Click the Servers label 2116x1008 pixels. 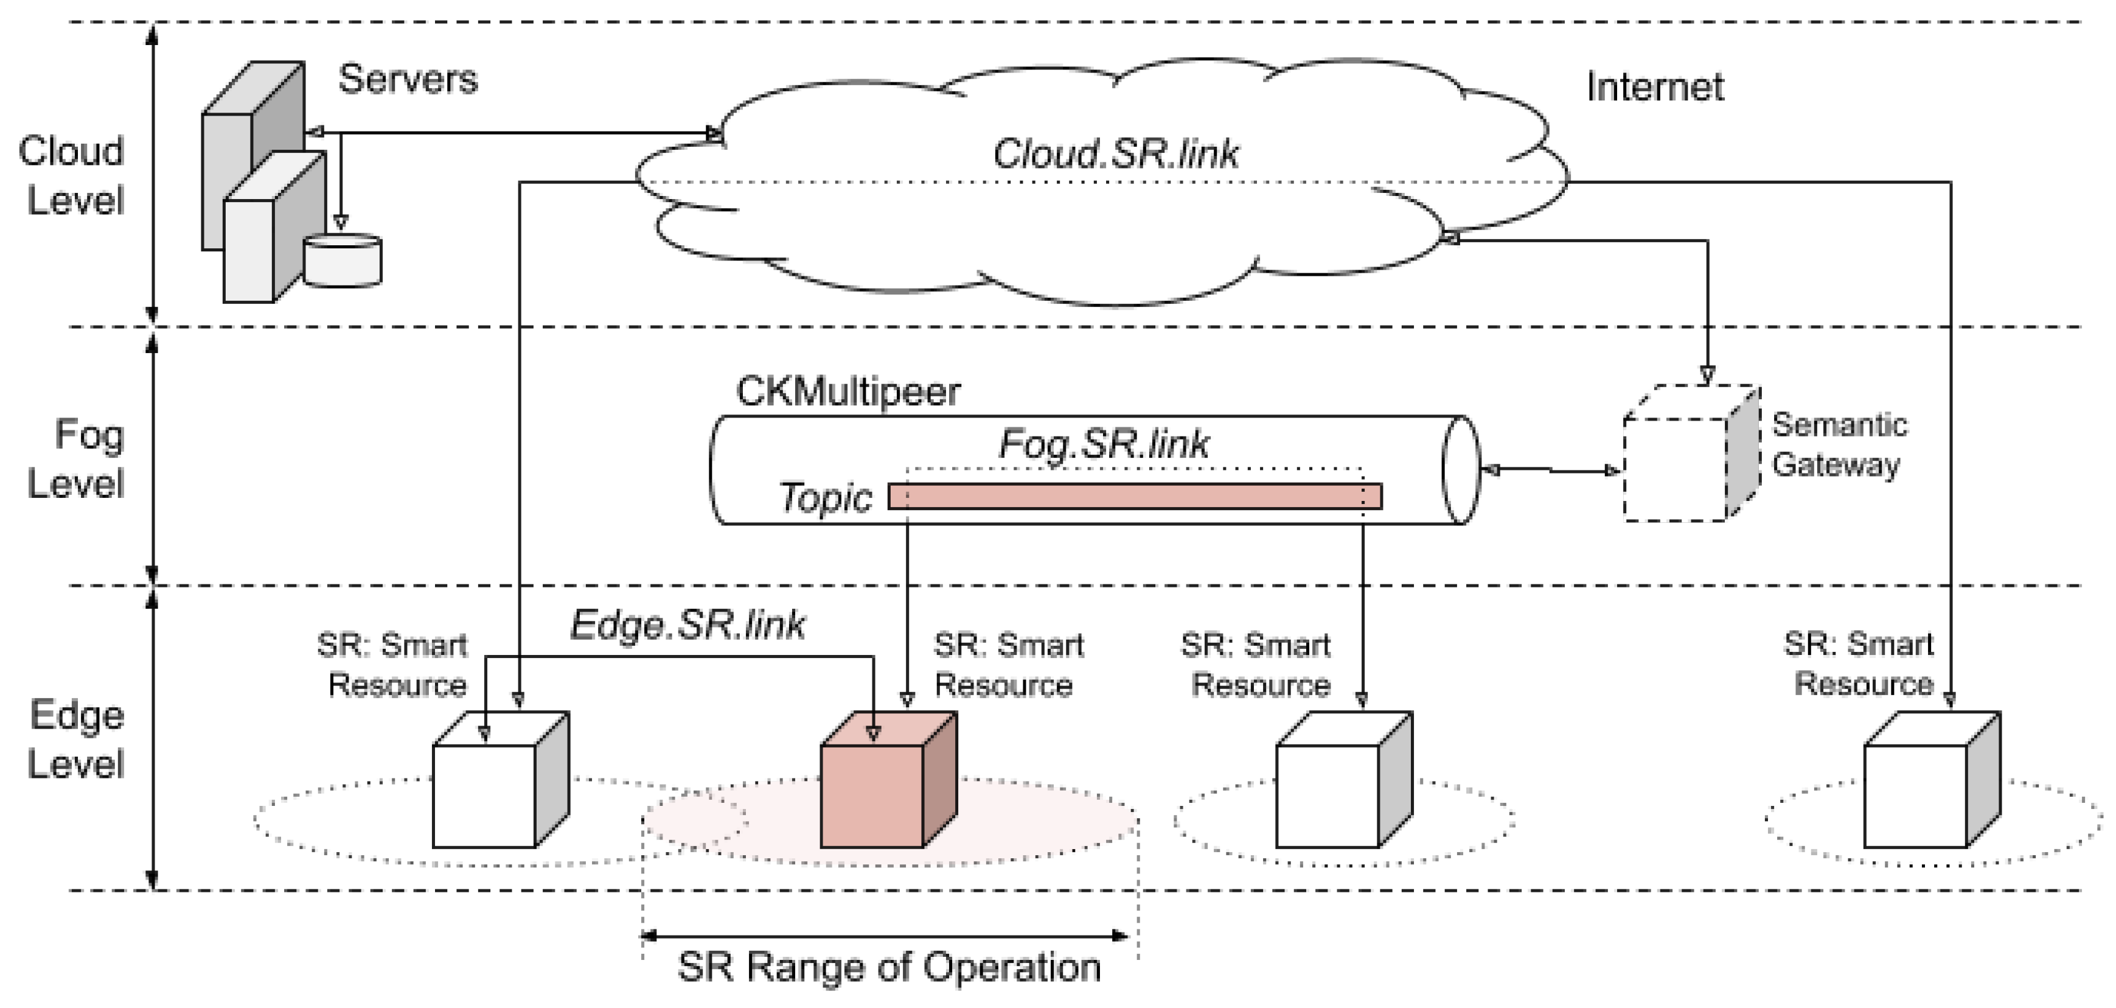pos(408,80)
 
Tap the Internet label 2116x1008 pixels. pos(1654,87)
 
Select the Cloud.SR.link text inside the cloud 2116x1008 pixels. pos(1116,153)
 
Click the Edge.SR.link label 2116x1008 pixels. pos(687,625)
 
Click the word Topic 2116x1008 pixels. pos(825,498)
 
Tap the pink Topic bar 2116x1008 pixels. pos(1135,496)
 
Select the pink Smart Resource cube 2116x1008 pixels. pos(889,780)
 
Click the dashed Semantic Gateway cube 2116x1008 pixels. pos(1691,453)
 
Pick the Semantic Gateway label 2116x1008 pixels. pos(1839,444)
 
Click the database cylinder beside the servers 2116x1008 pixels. pos(342,261)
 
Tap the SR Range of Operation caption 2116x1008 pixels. pos(889,967)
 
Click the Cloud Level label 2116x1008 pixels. pos(72,176)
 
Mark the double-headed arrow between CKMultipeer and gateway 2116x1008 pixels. pos(1550,470)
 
